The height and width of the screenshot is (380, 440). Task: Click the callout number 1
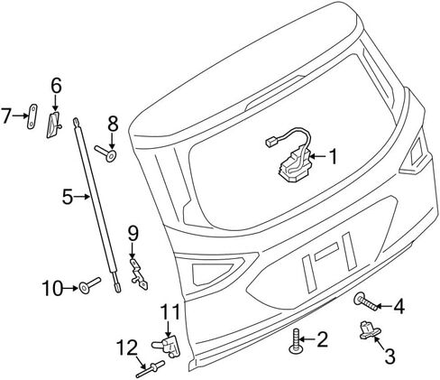pos(333,156)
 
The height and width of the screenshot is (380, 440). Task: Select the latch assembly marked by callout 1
pos(295,165)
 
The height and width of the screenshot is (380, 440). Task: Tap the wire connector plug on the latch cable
pos(270,142)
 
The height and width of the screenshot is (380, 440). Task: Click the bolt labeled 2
pos(295,341)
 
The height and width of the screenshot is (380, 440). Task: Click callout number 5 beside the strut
pos(68,197)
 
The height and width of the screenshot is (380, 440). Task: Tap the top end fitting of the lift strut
pos(77,122)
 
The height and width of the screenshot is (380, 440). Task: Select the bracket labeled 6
pos(54,124)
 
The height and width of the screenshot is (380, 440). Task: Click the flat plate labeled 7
pos(32,116)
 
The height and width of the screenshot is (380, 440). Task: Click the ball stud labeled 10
pos(89,285)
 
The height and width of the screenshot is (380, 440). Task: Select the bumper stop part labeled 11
pos(168,345)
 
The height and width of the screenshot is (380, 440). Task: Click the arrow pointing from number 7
pos(21,116)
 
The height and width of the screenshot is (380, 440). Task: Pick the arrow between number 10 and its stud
pos(70,288)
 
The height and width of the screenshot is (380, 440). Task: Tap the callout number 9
pos(133,234)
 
